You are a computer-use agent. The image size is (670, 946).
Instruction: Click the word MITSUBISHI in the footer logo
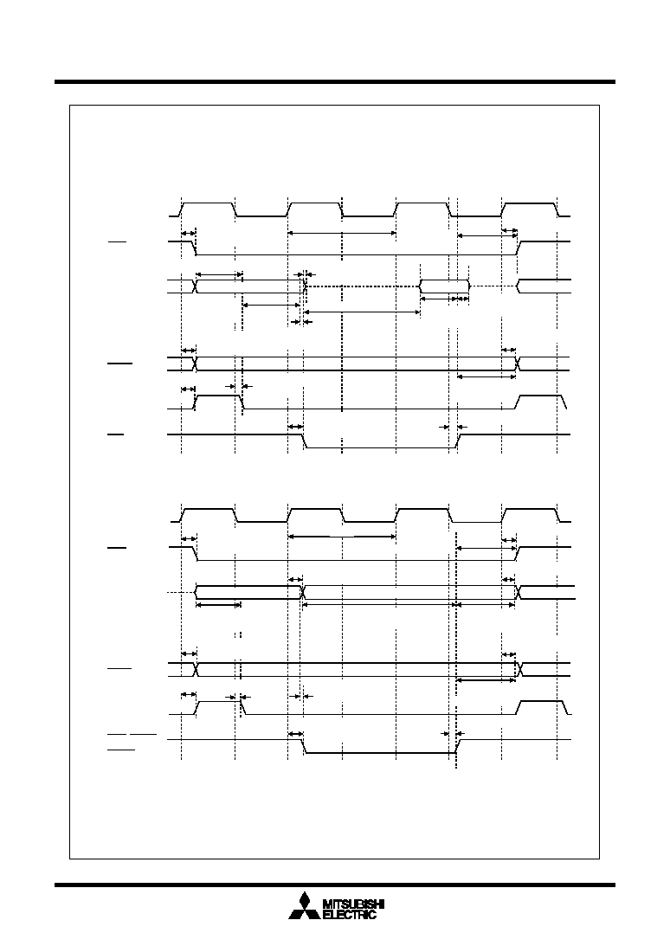coord(354,904)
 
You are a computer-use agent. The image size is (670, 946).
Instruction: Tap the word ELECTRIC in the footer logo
coord(350,915)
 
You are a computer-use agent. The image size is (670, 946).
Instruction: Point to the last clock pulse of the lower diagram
coord(531,515)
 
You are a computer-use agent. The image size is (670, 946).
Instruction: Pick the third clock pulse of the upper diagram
coord(422,209)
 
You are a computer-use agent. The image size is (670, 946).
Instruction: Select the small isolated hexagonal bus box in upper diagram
coord(444,286)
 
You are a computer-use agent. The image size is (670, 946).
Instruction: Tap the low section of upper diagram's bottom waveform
coord(379,447)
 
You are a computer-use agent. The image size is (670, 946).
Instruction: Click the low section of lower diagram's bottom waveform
coord(379,752)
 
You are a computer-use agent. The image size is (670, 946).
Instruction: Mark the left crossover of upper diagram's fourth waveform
coord(195,364)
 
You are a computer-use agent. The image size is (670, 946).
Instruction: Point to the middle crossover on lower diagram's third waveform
coord(303,593)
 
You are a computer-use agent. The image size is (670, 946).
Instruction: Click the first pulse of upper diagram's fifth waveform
coord(218,402)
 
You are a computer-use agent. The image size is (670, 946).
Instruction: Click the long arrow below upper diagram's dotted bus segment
coord(362,312)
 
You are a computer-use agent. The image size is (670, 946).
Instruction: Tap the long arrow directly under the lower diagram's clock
coord(342,537)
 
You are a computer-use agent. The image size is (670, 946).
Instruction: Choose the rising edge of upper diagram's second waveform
coord(519,248)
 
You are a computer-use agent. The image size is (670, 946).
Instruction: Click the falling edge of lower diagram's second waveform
coord(195,554)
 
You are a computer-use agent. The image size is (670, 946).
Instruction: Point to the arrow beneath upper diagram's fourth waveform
coord(486,377)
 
